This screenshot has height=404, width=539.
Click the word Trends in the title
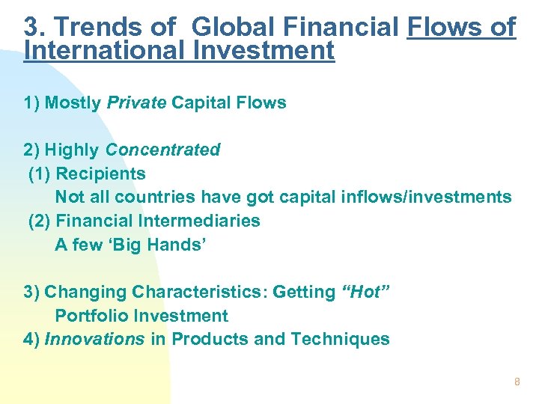(x=91, y=27)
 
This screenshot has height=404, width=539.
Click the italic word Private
(x=137, y=103)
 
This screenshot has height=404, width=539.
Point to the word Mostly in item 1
(x=73, y=103)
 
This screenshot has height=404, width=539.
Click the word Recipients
(x=101, y=174)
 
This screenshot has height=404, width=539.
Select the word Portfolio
(x=85, y=316)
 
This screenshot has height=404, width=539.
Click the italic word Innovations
(x=95, y=340)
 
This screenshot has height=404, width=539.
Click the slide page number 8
(x=516, y=382)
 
